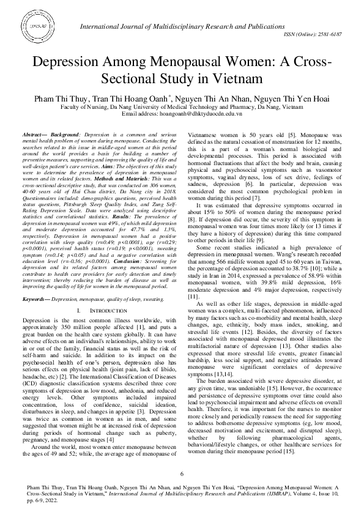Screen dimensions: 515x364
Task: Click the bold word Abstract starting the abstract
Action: (x=35, y=133)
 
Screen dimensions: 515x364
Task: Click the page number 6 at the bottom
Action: (x=182, y=474)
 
